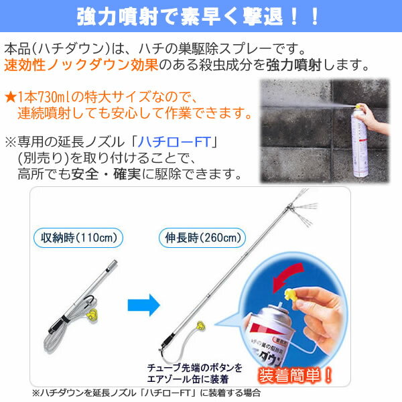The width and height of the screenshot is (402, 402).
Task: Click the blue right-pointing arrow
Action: point(144,305)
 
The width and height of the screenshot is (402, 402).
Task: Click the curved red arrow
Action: point(287,275)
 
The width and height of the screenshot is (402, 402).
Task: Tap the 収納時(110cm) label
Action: point(78,238)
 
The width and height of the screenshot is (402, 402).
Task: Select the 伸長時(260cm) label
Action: point(202,238)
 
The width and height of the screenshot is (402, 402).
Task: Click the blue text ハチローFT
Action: point(175,142)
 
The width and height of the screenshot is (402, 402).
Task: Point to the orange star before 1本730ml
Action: point(11,97)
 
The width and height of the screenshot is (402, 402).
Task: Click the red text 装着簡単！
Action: point(295,376)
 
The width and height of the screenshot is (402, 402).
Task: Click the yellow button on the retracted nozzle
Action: point(92,315)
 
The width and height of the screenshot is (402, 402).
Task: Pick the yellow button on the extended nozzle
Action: point(200,326)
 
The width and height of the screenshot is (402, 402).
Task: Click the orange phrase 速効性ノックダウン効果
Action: point(81,65)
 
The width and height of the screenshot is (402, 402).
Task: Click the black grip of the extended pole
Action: point(168,340)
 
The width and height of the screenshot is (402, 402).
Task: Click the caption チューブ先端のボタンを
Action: point(194,368)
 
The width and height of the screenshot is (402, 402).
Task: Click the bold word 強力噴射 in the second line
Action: point(293,65)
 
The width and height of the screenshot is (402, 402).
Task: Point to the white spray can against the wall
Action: point(359,140)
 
